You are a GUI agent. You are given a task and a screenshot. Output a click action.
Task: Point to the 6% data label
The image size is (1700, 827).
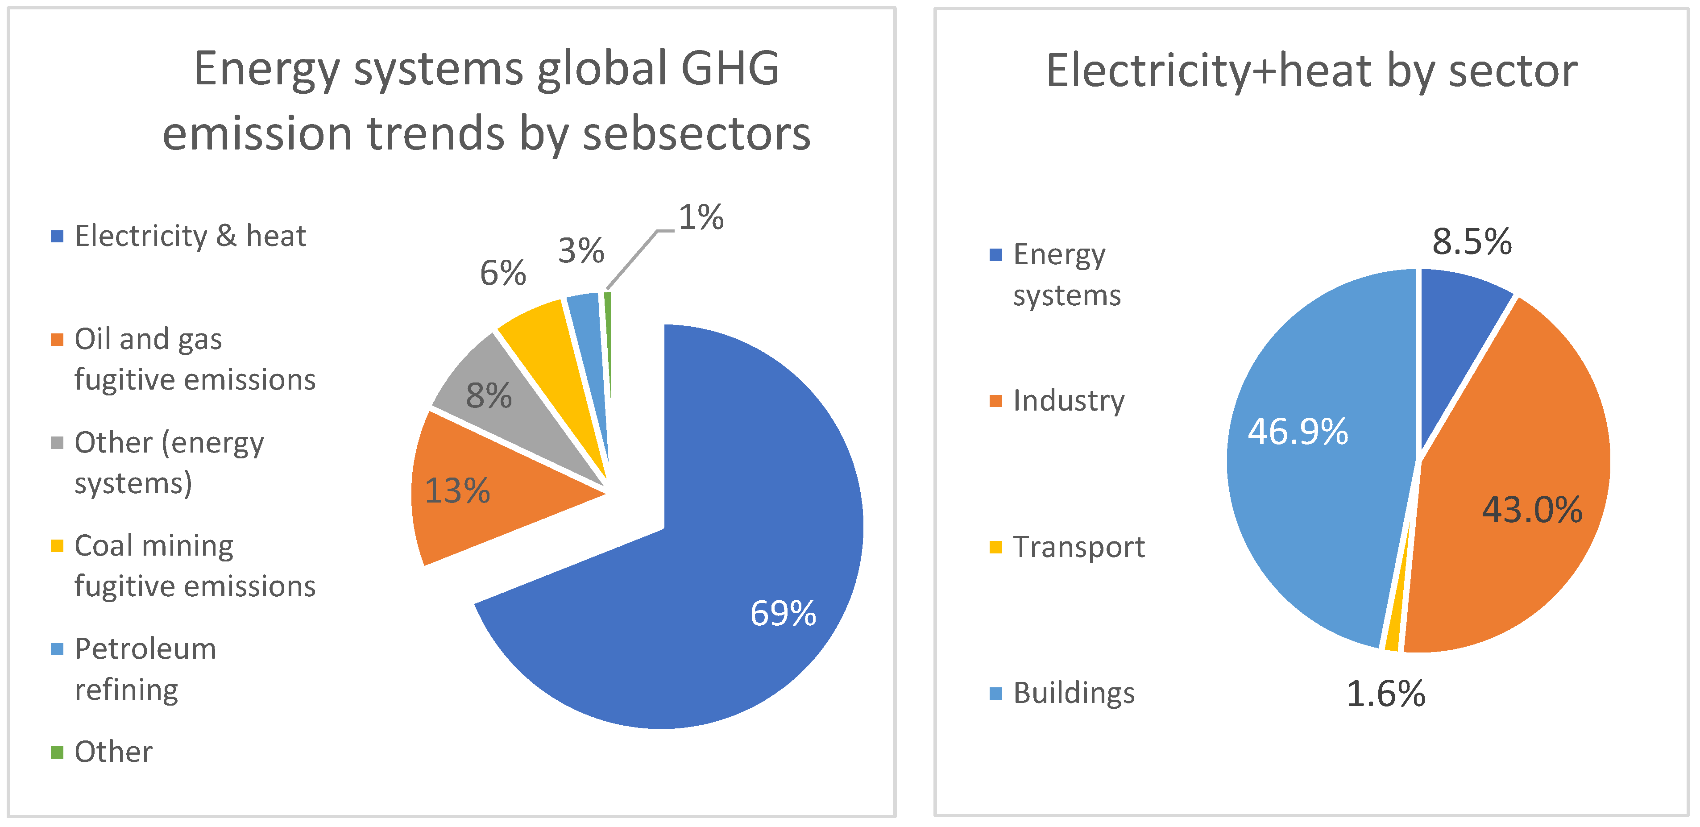click(502, 273)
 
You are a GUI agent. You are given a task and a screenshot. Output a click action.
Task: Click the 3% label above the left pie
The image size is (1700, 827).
click(581, 251)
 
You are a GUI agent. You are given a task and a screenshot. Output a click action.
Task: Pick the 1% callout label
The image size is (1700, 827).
click(701, 217)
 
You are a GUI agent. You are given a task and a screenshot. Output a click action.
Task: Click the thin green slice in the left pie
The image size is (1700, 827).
click(608, 343)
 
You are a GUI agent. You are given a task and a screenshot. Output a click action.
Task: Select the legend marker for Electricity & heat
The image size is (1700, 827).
click(58, 236)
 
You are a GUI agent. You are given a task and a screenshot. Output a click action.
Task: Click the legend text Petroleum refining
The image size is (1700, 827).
click(145, 669)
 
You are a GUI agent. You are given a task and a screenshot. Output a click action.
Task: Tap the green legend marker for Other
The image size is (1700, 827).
click(58, 752)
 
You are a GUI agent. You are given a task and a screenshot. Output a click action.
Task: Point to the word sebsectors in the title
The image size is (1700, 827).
click(696, 134)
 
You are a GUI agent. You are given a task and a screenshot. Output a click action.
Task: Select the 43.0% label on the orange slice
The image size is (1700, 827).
click(1532, 510)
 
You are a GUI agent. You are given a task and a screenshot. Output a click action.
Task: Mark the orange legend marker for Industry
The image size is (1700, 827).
click(996, 401)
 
